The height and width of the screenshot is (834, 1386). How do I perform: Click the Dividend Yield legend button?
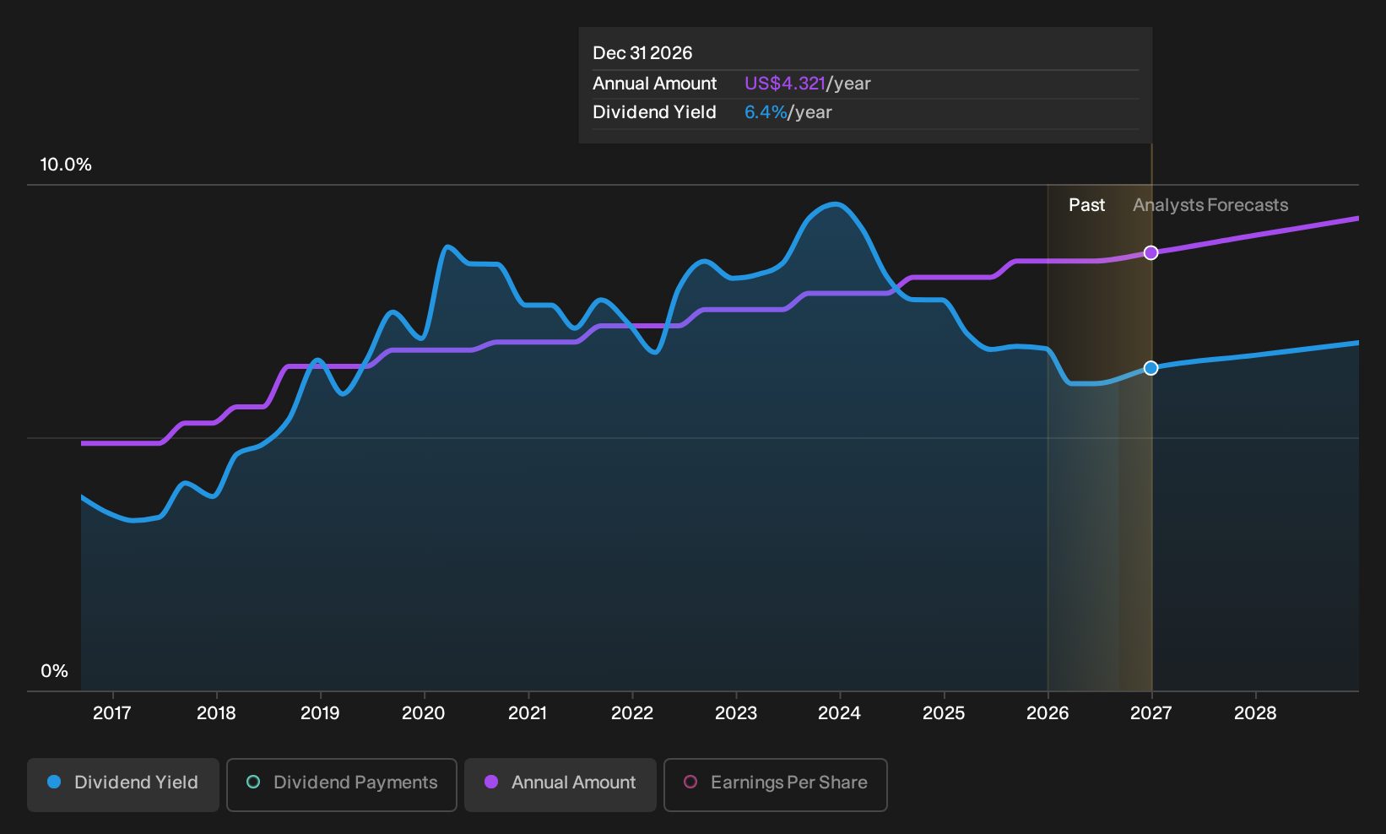(x=123, y=784)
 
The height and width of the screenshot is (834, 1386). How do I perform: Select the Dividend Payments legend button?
(x=342, y=784)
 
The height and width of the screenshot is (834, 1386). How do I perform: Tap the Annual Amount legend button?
(x=560, y=784)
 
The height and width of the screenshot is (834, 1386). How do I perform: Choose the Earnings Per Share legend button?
(x=775, y=784)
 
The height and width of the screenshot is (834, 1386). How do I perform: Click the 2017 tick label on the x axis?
(x=112, y=713)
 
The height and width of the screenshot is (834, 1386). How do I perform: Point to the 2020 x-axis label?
(x=423, y=713)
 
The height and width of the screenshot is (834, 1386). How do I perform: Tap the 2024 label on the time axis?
(x=840, y=713)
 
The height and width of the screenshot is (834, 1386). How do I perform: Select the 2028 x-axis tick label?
(x=1255, y=713)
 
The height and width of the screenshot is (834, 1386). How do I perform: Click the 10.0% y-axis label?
(x=66, y=165)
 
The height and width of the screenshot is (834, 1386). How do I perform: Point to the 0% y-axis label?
(x=55, y=671)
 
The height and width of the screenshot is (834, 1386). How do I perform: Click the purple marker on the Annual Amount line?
(x=1150, y=252)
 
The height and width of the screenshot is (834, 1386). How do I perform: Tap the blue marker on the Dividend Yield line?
(x=1150, y=368)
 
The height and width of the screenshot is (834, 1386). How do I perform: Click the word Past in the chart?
(x=1086, y=205)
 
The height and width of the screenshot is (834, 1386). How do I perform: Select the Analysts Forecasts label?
(x=1210, y=205)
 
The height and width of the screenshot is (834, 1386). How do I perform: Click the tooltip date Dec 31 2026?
(x=642, y=53)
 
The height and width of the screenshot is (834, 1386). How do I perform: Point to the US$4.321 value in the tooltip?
(x=784, y=84)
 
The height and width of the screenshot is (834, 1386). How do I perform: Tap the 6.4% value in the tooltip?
(x=766, y=112)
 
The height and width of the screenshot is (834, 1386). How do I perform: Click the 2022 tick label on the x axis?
(x=632, y=713)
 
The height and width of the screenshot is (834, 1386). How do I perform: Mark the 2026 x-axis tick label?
(x=1048, y=713)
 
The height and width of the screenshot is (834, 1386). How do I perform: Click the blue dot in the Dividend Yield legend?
(x=55, y=782)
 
